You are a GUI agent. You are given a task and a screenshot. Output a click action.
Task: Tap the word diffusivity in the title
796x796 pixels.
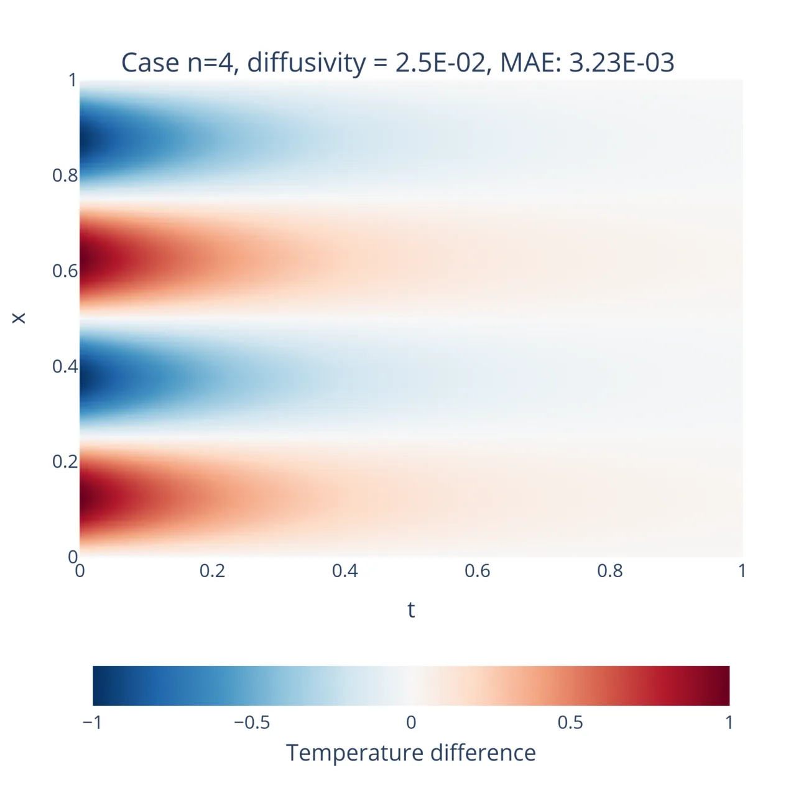tap(306, 63)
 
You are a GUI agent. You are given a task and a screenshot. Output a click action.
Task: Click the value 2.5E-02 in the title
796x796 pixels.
tap(440, 63)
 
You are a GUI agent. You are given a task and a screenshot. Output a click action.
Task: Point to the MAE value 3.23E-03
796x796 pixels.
tap(621, 63)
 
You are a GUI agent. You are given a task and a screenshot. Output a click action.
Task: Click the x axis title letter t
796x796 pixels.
tap(411, 610)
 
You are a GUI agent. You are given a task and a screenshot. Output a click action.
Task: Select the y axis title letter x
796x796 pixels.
tap(19, 318)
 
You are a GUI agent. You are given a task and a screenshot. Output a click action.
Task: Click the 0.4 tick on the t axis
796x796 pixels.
tap(345, 571)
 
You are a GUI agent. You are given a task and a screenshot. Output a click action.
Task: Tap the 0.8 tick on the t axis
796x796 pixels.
tap(609, 571)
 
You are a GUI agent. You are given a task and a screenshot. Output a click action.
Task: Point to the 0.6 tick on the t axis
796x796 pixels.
tap(477, 571)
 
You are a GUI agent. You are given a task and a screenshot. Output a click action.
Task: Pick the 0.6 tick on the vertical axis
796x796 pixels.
tap(65, 271)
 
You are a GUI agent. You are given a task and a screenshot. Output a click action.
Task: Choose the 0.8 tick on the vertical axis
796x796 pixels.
tap(65, 175)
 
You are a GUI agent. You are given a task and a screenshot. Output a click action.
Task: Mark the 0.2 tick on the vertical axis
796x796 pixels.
tap(65, 461)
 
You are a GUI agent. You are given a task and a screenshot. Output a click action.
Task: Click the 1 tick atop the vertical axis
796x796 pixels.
tap(73, 80)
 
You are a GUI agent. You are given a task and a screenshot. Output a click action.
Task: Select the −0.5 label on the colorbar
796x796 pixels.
tap(252, 723)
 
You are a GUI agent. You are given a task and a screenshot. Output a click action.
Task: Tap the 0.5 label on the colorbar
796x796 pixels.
tap(570, 723)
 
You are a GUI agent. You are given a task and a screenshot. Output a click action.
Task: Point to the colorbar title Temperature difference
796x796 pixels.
tap(411, 753)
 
